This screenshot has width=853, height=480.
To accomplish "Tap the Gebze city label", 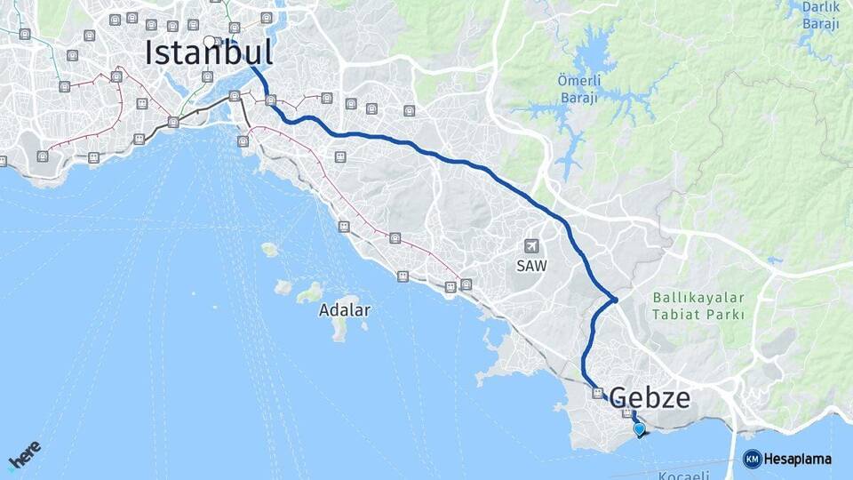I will click(x=650, y=397).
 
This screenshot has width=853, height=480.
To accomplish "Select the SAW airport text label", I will click(x=531, y=265).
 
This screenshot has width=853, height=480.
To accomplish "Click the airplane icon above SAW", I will click(x=531, y=245).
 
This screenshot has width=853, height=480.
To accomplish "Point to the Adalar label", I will click(x=345, y=311).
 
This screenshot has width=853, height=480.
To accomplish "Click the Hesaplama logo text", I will click(x=798, y=460).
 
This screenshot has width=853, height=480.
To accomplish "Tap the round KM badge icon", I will click(x=752, y=460).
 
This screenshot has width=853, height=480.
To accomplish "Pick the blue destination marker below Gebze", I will click(x=639, y=429).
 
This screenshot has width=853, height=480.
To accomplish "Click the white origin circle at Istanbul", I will click(x=209, y=41).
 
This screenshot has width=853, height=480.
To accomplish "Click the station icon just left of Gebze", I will click(x=597, y=392).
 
